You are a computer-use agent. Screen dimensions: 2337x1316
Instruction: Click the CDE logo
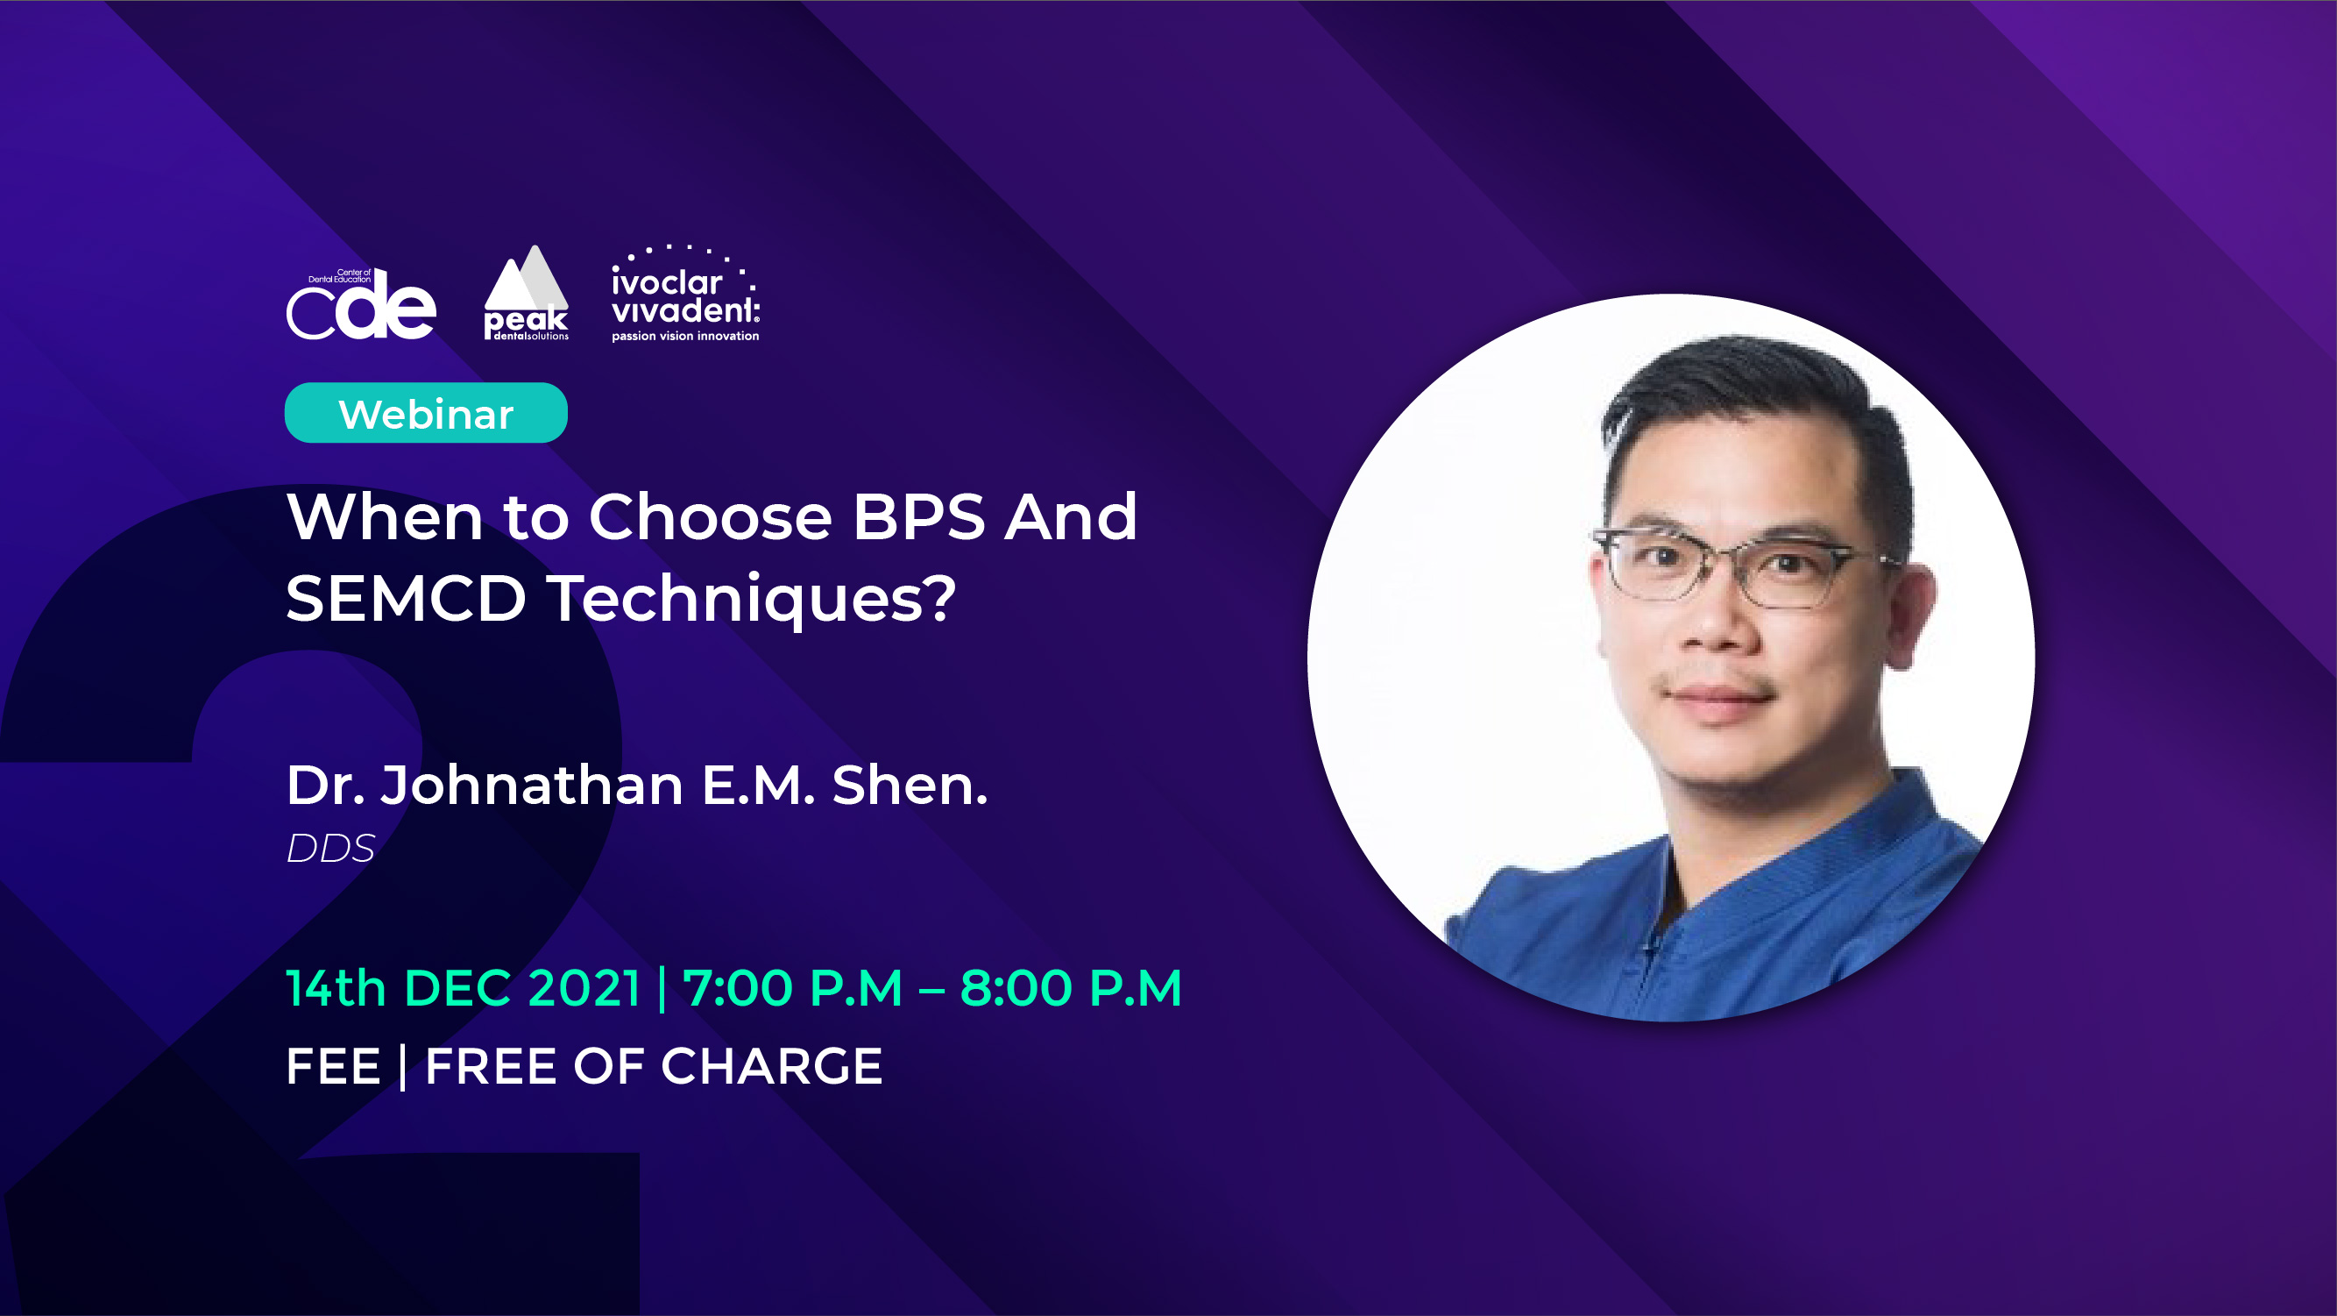point(361,304)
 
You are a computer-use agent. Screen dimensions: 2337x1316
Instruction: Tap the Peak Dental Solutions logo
point(526,293)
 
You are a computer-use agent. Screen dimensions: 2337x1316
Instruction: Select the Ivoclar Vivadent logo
point(686,293)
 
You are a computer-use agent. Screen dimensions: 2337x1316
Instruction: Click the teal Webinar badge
point(427,413)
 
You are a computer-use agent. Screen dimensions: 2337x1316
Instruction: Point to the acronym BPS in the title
point(918,516)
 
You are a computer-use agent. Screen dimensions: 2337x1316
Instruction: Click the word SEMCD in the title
point(407,598)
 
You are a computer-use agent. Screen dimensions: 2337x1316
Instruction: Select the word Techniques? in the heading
point(751,600)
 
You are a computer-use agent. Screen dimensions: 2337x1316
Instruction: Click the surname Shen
point(910,785)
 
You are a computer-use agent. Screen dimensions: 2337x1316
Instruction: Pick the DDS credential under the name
point(330,849)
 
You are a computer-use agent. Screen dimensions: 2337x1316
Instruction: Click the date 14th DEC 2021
point(464,987)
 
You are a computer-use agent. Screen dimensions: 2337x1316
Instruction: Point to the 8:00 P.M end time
point(1072,987)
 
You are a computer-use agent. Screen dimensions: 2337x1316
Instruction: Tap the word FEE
point(333,1065)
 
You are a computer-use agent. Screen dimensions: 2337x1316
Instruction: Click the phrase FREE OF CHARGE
point(654,1065)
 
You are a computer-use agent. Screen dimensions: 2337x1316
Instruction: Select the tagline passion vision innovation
point(686,336)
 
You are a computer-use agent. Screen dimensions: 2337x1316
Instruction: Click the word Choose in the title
point(711,516)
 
